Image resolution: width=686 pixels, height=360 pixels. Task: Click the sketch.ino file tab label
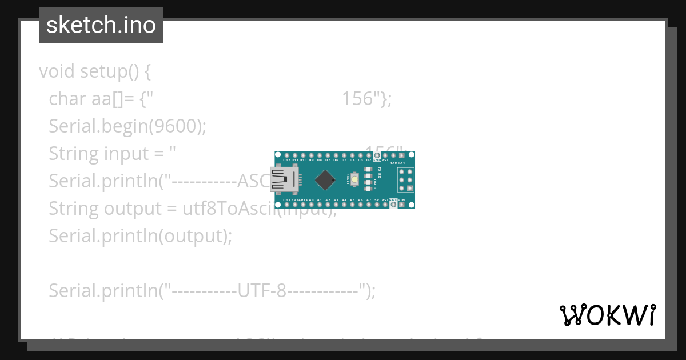(x=101, y=25)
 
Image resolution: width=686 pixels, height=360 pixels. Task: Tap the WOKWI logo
(x=607, y=315)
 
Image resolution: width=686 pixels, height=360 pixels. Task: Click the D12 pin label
(x=286, y=161)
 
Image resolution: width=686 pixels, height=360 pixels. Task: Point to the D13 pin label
(x=286, y=200)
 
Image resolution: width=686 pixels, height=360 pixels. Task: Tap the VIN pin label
(x=401, y=200)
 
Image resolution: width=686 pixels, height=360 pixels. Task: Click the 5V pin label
(x=377, y=200)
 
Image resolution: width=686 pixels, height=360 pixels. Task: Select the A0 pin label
(x=312, y=200)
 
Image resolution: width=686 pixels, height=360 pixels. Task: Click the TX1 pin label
(x=401, y=163)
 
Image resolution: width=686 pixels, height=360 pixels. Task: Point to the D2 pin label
(x=369, y=161)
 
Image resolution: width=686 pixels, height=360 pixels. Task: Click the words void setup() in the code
(x=94, y=71)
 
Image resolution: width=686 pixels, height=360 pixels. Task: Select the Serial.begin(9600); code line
(x=127, y=126)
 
